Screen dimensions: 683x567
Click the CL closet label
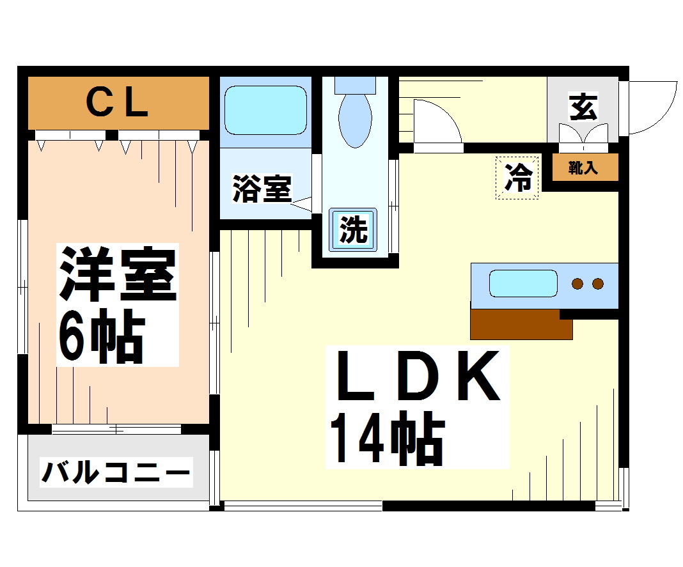point(118,104)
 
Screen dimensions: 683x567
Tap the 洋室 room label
point(118,274)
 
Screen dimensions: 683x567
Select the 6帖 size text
point(102,336)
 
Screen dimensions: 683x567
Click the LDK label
point(418,375)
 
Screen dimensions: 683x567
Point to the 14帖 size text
point(388,437)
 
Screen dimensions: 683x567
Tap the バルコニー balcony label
point(116,472)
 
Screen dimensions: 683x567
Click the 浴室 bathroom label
point(262,189)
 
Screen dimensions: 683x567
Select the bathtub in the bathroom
point(265,110)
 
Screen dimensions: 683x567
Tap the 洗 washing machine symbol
point(353,229)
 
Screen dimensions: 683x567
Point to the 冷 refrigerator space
point(517,178)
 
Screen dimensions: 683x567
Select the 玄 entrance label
point(583,107)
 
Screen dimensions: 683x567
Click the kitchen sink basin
point(523,284)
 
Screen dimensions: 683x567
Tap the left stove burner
point(577,284)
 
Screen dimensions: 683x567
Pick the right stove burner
point(598,284)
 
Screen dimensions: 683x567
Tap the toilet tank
point(355,85)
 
